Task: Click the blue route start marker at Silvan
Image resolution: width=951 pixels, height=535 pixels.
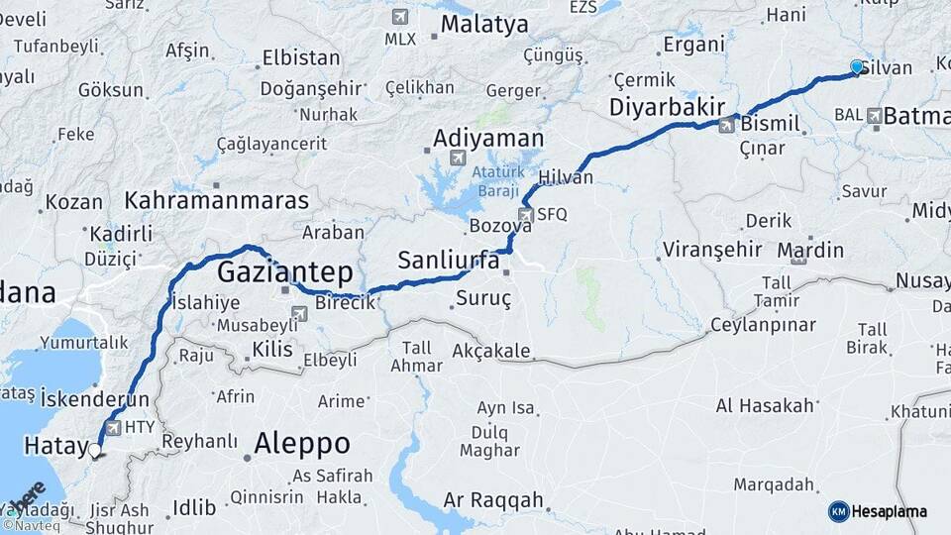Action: (x=857, y=66)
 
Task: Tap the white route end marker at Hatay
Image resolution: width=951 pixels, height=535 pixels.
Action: (x=95, y=451)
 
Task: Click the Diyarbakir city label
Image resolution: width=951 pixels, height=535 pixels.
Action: (x=668, y=107)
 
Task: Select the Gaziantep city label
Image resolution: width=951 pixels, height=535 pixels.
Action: (x=284, y=270)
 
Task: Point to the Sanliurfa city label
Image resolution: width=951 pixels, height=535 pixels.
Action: (x=448, y=261)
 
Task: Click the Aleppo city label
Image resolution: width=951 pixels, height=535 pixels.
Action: (x=302, y=442)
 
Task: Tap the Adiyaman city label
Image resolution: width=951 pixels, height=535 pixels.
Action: (x=488, y=137)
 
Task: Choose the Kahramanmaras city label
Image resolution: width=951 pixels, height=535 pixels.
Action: (x=217, y=199)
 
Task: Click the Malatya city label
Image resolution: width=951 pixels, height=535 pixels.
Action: (x=484, y=25)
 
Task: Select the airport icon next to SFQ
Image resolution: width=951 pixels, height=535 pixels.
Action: (x=526, y=214)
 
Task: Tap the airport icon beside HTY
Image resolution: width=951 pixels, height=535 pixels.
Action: (x=113, y=428)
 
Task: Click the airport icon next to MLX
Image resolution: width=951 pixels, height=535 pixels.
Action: (x=400, y=17)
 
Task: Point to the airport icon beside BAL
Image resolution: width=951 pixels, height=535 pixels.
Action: (x=874, y=116)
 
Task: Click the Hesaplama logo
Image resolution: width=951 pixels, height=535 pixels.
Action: (x=878, y=511)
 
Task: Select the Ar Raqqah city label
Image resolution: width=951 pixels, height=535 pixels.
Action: (x=493, y=500)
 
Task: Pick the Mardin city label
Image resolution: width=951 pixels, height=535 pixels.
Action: (x=810, y=249)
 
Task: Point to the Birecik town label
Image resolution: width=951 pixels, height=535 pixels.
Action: (x=346, y=303)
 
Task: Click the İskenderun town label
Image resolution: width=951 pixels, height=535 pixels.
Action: (x=95, y=398)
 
